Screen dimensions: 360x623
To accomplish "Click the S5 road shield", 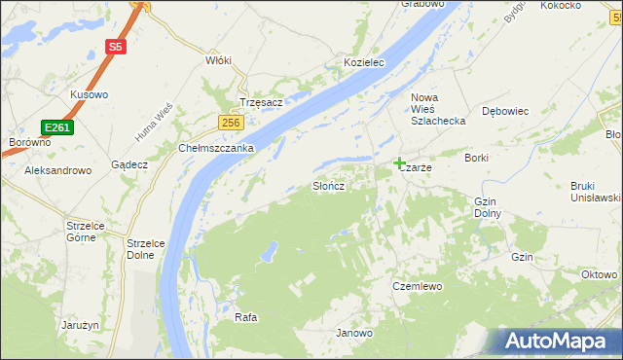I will coord(116,46).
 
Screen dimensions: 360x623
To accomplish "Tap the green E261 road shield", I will coord(56,126).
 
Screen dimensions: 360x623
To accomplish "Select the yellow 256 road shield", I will coord(230,122).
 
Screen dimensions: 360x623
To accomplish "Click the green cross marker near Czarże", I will coord(399,162).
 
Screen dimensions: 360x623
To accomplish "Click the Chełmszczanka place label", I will coord(216,148).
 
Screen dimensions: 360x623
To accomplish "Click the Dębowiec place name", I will coord(505,111).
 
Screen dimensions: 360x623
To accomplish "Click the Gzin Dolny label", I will coord(487,207).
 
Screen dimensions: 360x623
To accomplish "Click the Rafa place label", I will coord(245,318).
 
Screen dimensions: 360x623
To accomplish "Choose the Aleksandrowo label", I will coord(57,169).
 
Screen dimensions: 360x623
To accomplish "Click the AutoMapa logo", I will coord(559,341).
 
